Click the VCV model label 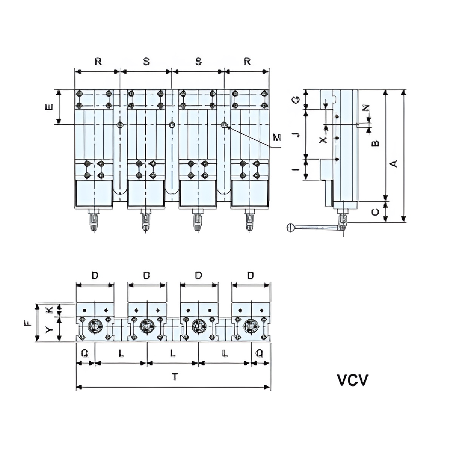(352, 380)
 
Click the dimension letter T (174, 377)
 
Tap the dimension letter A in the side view (394, 163)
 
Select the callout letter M (277, 138)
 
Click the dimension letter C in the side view (375, 212)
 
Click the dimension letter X (322, 140)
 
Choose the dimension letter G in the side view (297, 100)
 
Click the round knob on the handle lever (290, 228)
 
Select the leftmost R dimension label (98, 62)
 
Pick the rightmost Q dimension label (260, 353)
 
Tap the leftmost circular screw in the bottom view (95, 326)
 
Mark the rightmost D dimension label (250, 276)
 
